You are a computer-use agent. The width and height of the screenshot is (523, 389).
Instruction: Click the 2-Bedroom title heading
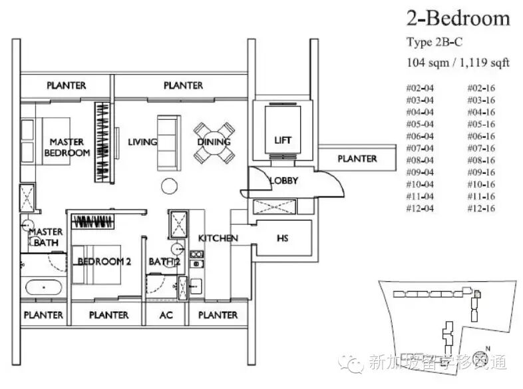[x=458, y=18]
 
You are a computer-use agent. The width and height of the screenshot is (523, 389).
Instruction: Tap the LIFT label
[x=283, y=140]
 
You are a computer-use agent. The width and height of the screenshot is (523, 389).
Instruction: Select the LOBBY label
[x=283, y=181]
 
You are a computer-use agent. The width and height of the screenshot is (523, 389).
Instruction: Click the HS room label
[x=282, y=238]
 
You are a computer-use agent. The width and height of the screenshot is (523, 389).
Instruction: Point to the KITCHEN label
[x=218, y=238]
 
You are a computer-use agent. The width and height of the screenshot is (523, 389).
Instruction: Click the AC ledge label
[x=166, y=314]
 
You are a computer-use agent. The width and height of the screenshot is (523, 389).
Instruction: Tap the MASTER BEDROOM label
[x=67, y=147]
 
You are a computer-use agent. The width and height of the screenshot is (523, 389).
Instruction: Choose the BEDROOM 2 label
[x=104, y=262]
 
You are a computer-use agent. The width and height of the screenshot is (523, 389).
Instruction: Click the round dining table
[x=214, y=142]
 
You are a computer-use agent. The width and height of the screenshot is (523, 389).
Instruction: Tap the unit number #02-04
[x=419, y=88]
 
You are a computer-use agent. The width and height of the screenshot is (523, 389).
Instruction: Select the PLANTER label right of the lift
[x=357, y=159]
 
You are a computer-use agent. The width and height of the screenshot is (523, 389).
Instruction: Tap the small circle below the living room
[x=169, y=186]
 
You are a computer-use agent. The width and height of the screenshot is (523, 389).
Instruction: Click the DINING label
[x=214, y=142]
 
